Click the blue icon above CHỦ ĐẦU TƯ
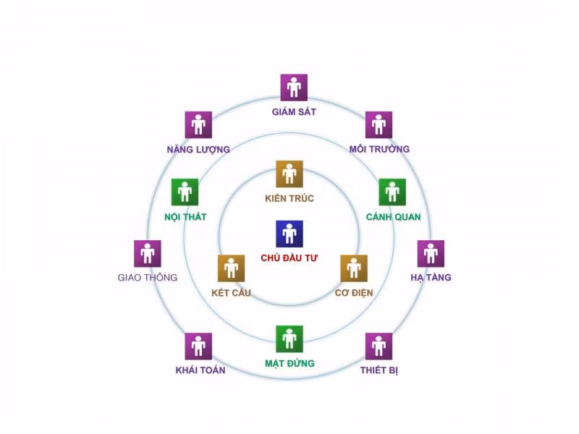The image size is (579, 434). pos(289,234)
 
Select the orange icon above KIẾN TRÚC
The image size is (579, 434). pos(289,174)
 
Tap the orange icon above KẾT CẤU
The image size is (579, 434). pos(231,268)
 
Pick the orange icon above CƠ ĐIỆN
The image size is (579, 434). pos(354,268)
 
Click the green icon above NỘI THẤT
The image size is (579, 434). pos(185,192)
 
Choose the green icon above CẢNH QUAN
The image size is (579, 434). pos(392,192)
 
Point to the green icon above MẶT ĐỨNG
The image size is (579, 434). pos(289,339)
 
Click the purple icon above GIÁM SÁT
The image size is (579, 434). pos(294,88)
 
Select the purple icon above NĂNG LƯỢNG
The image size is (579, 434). pos(198,124)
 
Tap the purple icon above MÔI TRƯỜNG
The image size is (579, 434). pos(379,124)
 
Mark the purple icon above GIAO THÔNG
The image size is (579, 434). pos(148,254)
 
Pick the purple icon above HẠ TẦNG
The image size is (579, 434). pos(431,254)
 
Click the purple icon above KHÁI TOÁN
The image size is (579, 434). pos(198,346)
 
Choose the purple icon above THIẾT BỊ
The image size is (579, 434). pos(379,346)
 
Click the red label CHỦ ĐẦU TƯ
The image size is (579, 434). pos(289,258)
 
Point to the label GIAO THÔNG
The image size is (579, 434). pos(148,277)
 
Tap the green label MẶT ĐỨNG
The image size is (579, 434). pos(290,364)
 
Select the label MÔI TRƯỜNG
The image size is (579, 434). pos(379,149)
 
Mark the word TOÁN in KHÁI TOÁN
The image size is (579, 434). pos(211,370)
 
